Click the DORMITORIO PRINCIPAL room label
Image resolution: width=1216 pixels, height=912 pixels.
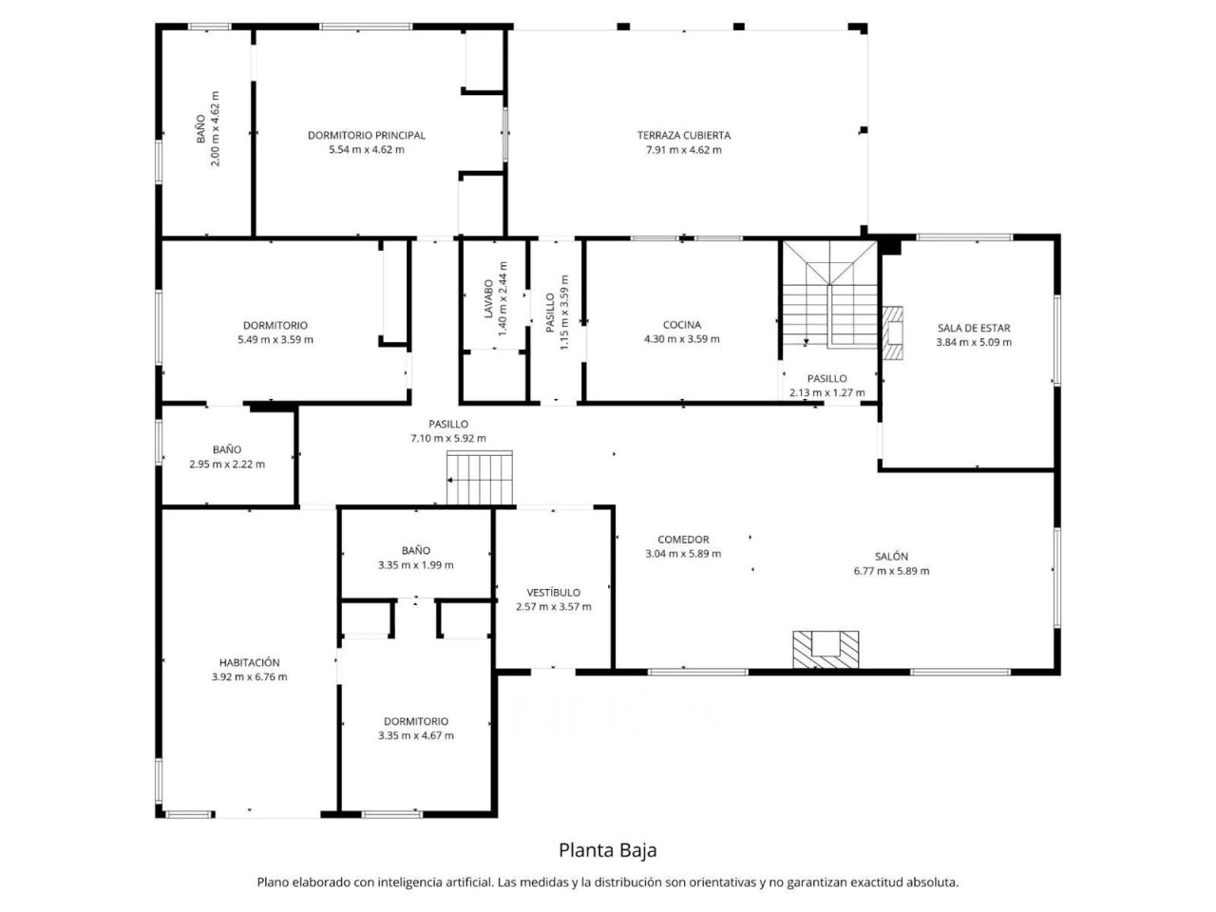(366, 135)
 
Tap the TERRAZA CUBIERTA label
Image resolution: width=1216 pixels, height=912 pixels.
(684, 135)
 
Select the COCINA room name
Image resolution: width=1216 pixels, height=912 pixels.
(681, 325)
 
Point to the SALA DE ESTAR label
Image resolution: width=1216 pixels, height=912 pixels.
(974, 328)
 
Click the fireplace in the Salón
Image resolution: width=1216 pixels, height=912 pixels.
(826, 649)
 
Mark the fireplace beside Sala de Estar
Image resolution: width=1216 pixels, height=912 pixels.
(892, 332)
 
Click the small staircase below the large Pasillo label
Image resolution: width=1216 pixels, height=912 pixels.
(479, 478)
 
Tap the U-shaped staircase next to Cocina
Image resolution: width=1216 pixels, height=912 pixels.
(829, 294)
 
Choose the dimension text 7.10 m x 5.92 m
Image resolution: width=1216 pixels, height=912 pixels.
(448, 438)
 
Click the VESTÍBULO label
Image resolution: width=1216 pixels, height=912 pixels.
(553, 593)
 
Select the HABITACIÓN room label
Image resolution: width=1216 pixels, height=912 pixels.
(249, 662)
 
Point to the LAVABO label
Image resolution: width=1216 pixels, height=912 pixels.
(488, 298)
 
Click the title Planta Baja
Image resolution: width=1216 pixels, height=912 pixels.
(608, 849)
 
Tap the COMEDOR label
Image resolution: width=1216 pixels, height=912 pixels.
(683, 540)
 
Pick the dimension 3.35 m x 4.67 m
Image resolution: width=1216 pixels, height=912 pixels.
(415, 735)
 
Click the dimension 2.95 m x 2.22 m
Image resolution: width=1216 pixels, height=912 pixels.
(227, 464)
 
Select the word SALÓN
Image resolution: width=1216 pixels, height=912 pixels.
(891, 557)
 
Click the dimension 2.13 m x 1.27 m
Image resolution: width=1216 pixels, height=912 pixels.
(826, 392)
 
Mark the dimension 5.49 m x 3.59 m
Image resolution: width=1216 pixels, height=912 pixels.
(275, 339)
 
